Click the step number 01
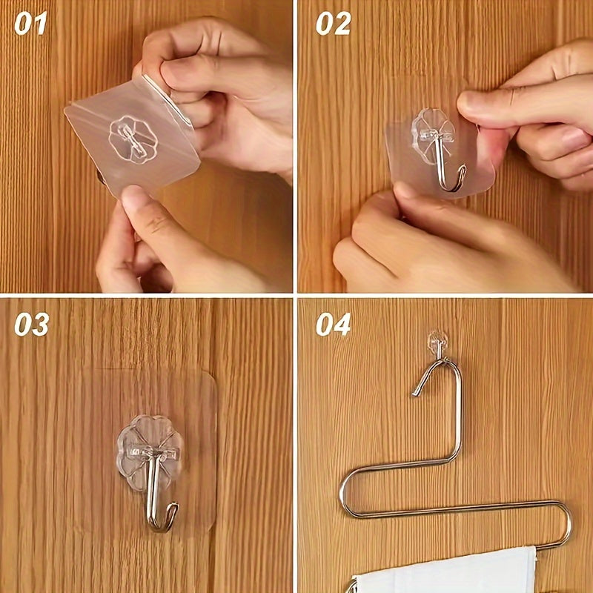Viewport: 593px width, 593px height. tap(30, 24)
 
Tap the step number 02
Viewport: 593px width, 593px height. tap(333, 24)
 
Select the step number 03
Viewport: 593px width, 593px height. tap(31, 324)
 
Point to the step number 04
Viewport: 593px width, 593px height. tap(333, 324)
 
